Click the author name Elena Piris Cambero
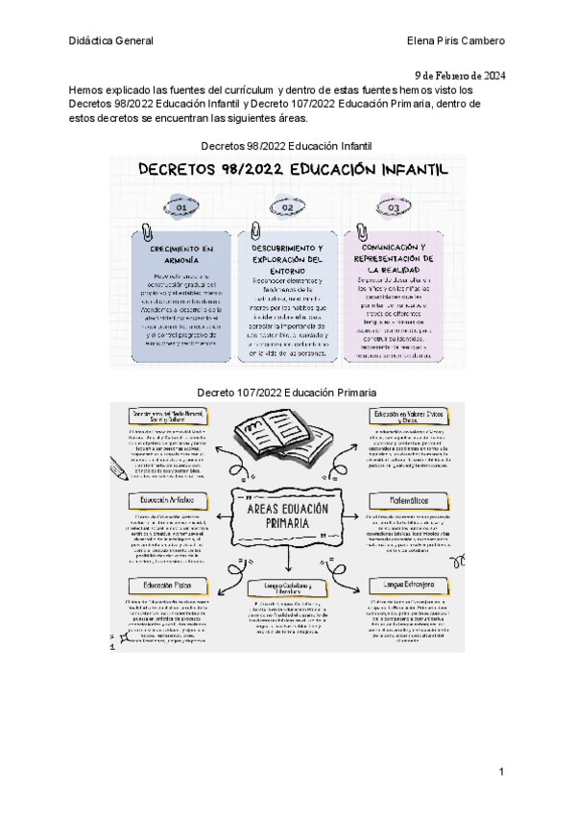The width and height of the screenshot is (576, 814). [456, 40]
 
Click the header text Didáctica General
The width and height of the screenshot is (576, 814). [110, 40]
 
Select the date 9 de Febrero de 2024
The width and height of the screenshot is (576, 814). [460, 75]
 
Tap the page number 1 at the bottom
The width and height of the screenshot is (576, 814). [501, 772]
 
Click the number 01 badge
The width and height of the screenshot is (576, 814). [180, 207]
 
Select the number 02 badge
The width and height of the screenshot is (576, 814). [286, 207]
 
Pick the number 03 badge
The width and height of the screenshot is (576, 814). [393, 207]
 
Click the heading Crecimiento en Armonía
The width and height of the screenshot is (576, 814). [181, 254]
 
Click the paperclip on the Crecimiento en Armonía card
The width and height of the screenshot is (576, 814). [147, 232]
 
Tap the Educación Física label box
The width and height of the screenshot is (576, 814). [167, 584]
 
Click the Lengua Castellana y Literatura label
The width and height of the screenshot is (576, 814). [288, 587]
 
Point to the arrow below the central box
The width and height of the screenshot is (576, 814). [288, 560]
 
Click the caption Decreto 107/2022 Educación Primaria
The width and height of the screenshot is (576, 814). [286, 393]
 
